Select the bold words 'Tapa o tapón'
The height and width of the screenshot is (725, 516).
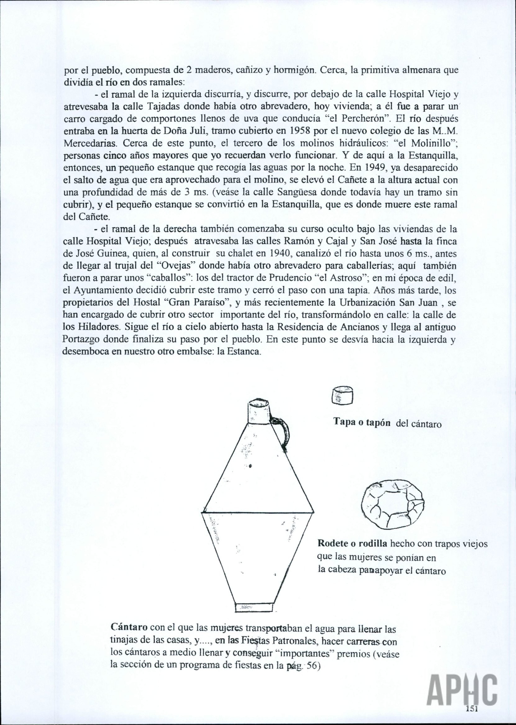point(361,422)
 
